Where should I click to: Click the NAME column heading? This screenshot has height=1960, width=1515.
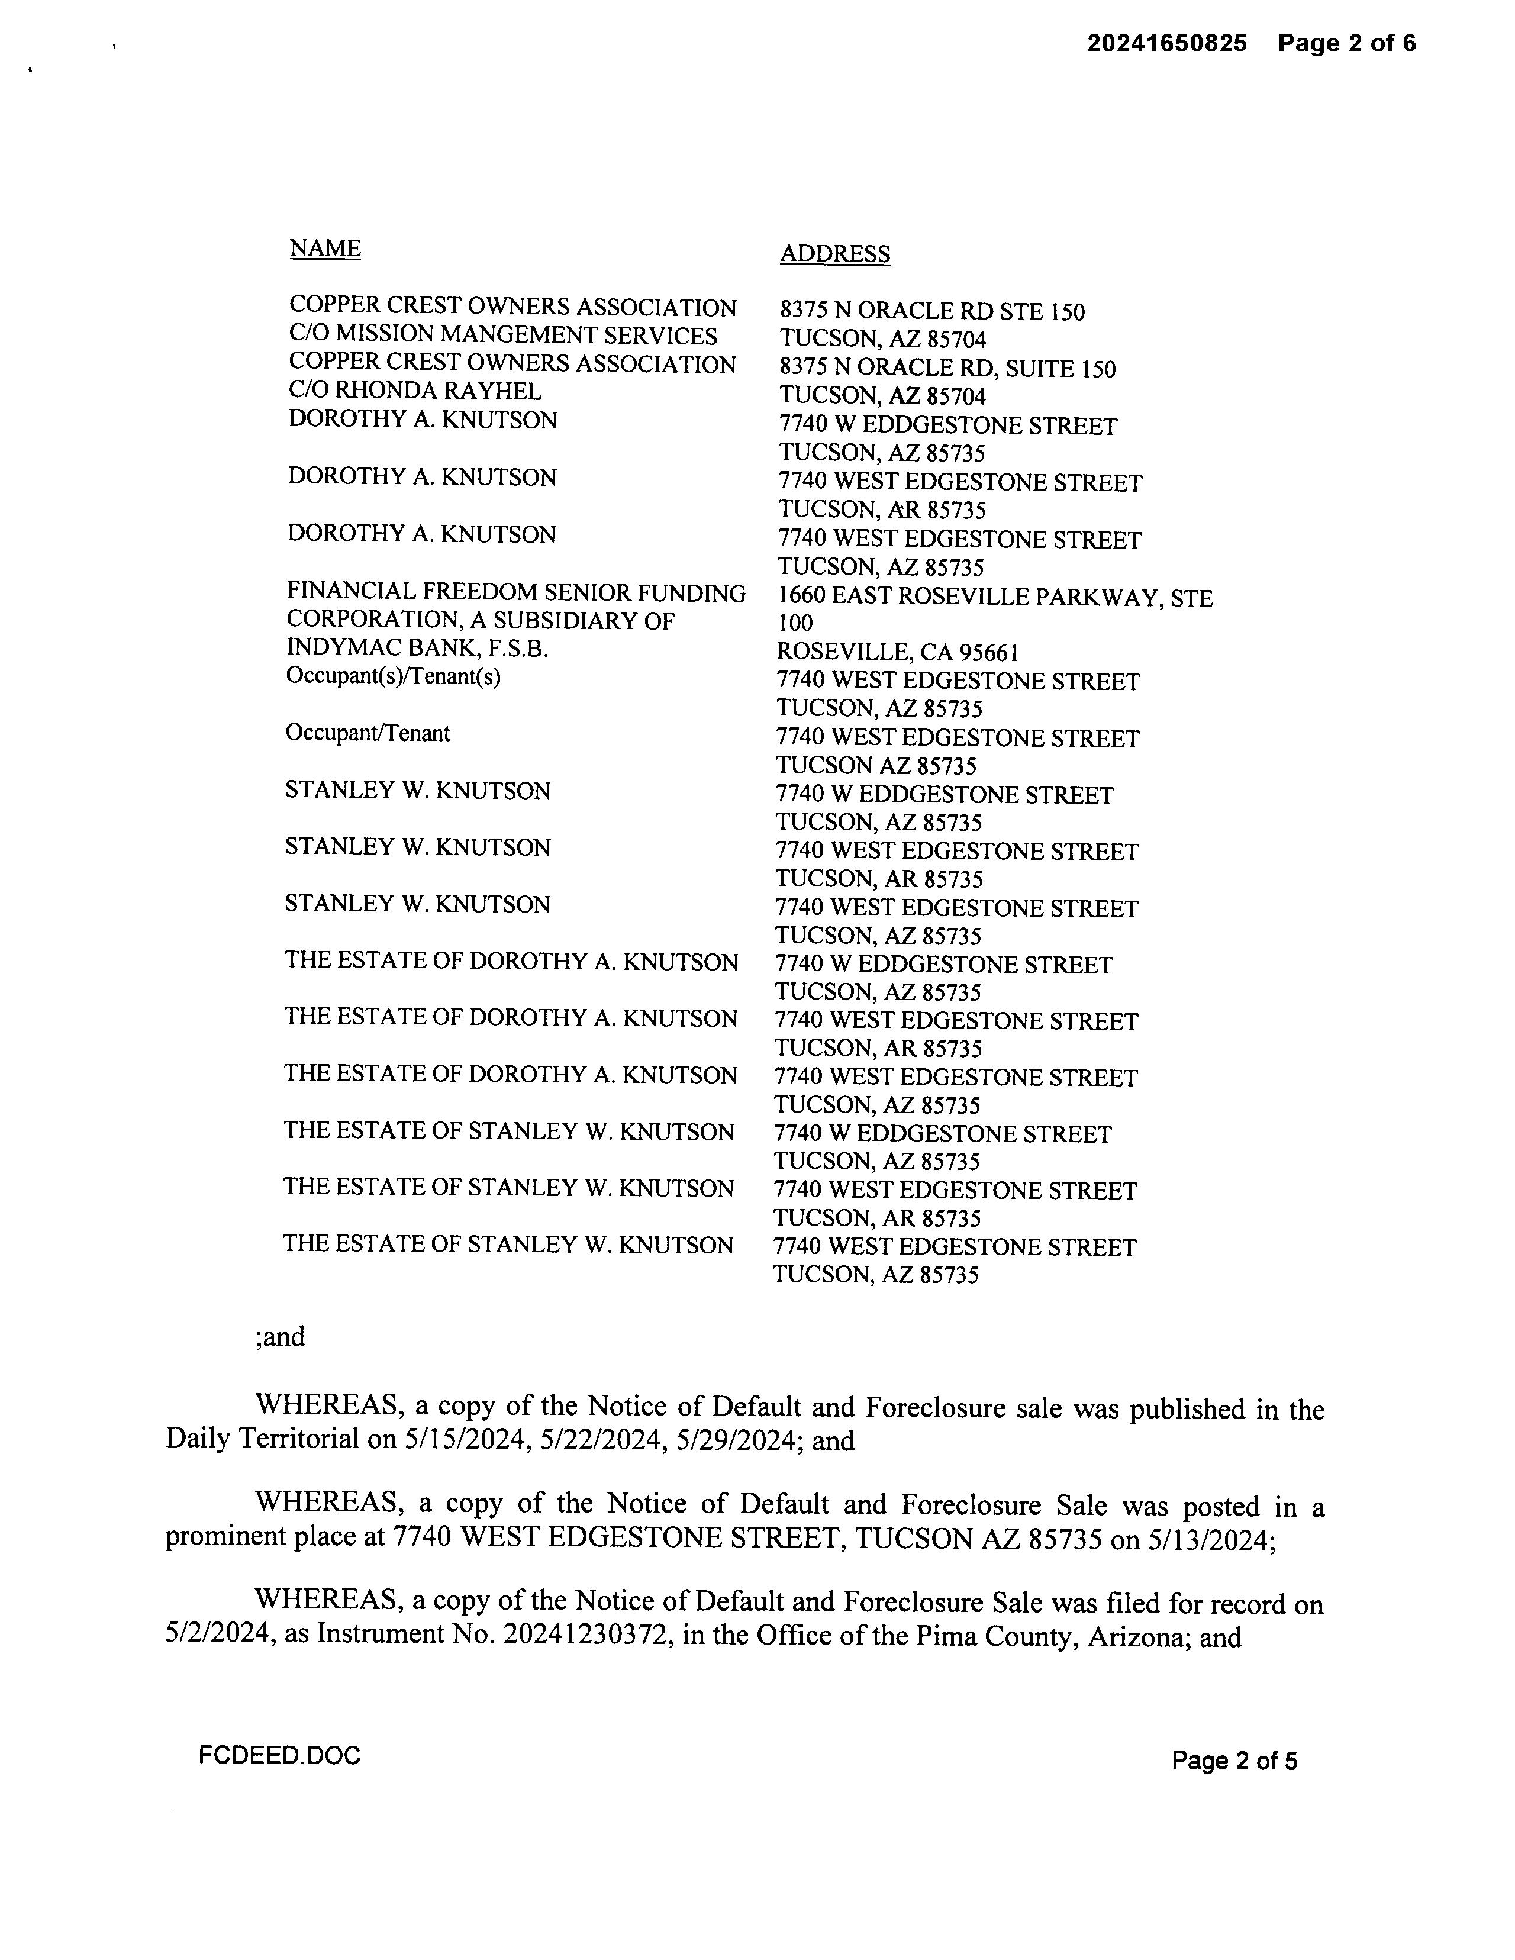[325, 249]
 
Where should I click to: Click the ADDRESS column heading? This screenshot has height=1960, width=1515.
[834, 254]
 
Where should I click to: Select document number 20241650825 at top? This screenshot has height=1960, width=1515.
[1167, 43]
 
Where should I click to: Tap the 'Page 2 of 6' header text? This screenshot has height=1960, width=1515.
[1346, 43]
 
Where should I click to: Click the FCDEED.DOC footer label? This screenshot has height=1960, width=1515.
[279, 1755]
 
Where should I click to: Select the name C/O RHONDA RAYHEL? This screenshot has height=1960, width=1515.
[415, 391]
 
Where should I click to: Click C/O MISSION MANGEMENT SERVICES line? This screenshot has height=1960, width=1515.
[502, 336]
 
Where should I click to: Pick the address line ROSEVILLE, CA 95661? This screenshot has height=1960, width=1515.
[897, 652]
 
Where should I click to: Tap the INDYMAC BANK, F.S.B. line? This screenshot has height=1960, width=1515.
[417, 648]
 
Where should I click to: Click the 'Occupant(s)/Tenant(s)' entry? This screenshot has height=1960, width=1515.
[393, 676]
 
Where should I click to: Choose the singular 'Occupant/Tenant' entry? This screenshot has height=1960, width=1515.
[367, 733]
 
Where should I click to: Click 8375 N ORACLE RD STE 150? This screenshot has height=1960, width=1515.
[931, 311]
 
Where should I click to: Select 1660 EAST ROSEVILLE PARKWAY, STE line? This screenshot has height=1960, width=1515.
[994, 598]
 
